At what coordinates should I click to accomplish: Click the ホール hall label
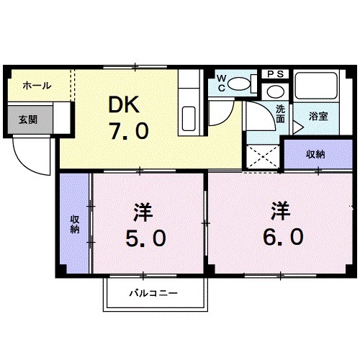pos(36,86)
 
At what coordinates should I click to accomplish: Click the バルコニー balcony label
pos(153,294)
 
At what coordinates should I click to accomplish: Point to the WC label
pos(222,83)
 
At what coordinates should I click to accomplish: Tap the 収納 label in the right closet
pos(315,153)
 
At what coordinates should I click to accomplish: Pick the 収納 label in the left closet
pos(74,224)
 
